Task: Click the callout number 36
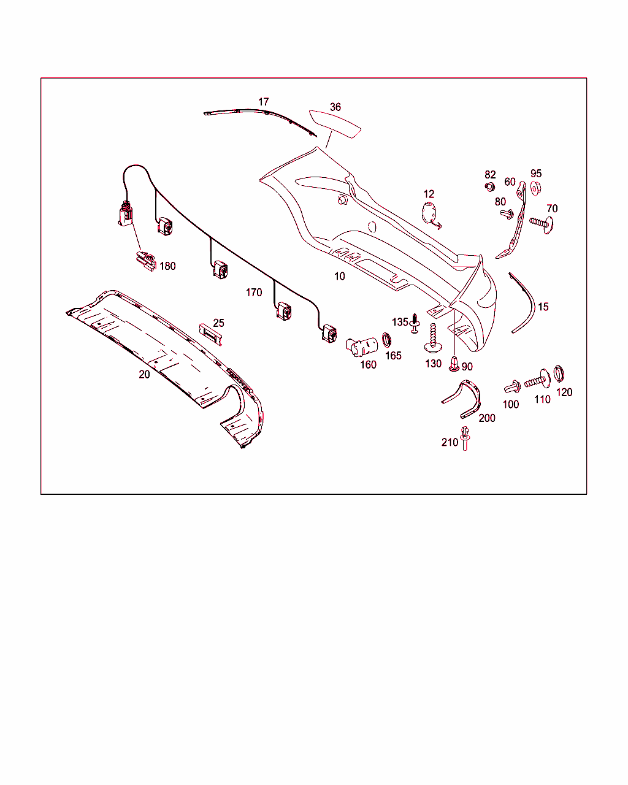(335, 107)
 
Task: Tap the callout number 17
(264, 102)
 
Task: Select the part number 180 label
(167, 266)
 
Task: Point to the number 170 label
(254, 292)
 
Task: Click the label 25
(218, 323)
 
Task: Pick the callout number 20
(144, 374)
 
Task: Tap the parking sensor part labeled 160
(361, 347)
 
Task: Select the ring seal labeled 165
(387, 340)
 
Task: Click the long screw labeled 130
(433, 338)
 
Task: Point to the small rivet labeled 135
(415, 323)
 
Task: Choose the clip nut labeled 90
(454, 364)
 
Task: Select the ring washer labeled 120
(559, 373)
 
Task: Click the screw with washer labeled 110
(538, 380)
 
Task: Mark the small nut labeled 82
(489, 187)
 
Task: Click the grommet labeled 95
(535, 188)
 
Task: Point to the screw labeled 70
(541, 223)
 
